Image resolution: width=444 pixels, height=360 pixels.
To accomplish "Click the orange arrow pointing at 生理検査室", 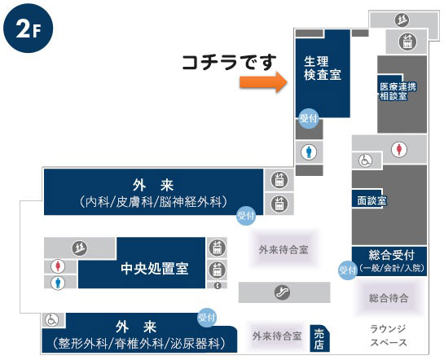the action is (264, 82).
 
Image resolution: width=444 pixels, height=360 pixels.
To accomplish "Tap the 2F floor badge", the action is (28, 29).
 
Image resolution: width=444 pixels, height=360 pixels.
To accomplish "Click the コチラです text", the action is (229, 62).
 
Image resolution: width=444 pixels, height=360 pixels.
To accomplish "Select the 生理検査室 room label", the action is (323, 68).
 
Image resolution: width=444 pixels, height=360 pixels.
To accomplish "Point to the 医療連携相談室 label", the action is (398, 91).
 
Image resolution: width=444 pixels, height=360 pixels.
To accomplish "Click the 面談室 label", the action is (371, 200).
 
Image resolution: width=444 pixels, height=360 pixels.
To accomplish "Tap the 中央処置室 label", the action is (155, 268).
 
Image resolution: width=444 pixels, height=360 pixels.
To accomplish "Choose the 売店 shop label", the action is (319, 340).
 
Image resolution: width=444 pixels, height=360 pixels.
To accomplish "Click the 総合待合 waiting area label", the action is (389, 298).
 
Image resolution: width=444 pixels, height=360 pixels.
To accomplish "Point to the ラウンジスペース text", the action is (389, 336).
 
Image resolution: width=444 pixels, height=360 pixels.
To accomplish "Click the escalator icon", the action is (283, 292).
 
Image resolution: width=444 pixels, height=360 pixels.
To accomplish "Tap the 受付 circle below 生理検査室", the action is (309, 118).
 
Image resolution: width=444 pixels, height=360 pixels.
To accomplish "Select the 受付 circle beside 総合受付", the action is (348, 270).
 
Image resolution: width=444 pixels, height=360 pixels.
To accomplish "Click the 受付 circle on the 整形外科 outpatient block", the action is (207, 318).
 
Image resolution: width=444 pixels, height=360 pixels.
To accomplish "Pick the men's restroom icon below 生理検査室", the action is (309, 152).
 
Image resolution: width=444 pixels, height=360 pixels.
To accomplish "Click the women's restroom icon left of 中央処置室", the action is (58, 266).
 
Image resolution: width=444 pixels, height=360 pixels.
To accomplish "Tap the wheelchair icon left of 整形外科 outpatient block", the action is (52, 320).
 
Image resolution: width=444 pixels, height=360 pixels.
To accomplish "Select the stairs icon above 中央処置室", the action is (79, 248).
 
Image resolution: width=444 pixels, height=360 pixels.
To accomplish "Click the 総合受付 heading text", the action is (392, 255).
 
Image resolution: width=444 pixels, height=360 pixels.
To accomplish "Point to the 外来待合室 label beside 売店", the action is (277, 336).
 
